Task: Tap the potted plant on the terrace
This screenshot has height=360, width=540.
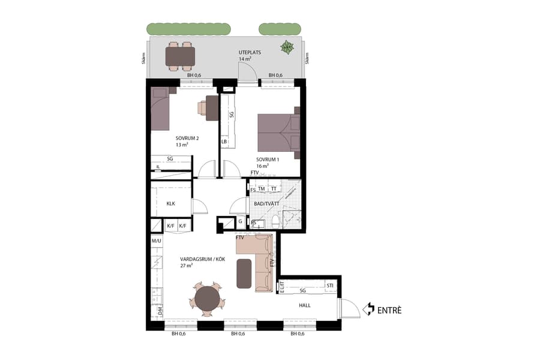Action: point(287,47)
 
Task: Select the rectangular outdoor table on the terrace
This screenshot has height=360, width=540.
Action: point(181,56)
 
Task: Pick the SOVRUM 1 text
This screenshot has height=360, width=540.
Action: point(268,159)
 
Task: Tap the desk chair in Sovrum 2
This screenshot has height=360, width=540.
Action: point(202,108)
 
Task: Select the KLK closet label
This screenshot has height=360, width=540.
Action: point(170,203)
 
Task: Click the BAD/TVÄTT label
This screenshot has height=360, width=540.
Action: point(267,204)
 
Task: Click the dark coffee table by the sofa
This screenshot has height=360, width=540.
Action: point(244,273)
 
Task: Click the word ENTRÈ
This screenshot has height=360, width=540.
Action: point(389,310)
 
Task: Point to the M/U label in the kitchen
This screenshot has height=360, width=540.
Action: point(157,241)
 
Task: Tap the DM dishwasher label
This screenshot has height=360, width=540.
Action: point(160,311)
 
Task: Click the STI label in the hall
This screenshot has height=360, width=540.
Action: point(329,285)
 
